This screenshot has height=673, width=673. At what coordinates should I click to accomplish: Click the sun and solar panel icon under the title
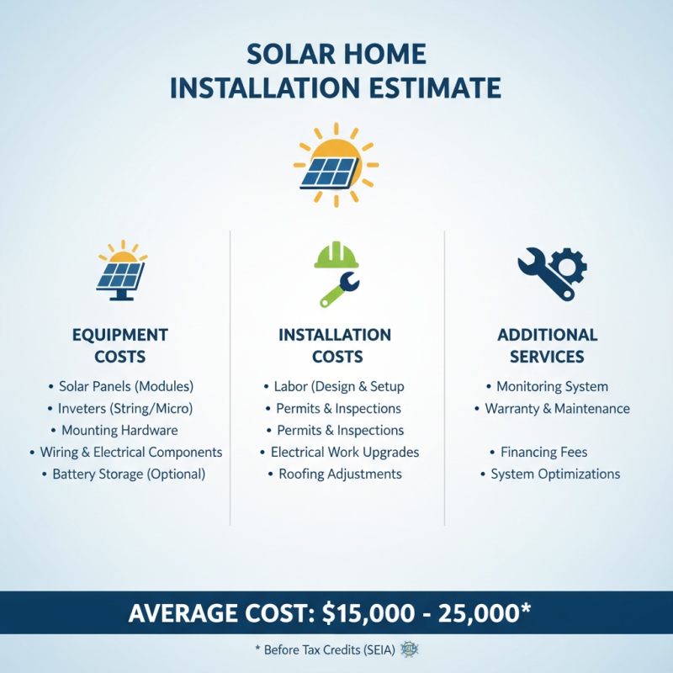pyautogui.click(x=336, y=163)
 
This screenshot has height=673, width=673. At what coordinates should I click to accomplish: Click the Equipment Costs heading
pyautogui.click(x=120, y=345)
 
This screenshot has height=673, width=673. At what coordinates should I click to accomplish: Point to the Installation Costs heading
pyautogui.click(x=335, y=345)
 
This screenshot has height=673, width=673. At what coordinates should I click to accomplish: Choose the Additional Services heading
pyautogui.click(x=547, y=345)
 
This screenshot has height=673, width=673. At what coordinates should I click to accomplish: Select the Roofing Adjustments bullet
pyautogui.click(x=340, y=474)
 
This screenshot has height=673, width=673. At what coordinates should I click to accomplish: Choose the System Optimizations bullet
pyautogui.click(x=555, y=474)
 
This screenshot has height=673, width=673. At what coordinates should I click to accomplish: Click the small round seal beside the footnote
pyautogui.click(x=411, y=649)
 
